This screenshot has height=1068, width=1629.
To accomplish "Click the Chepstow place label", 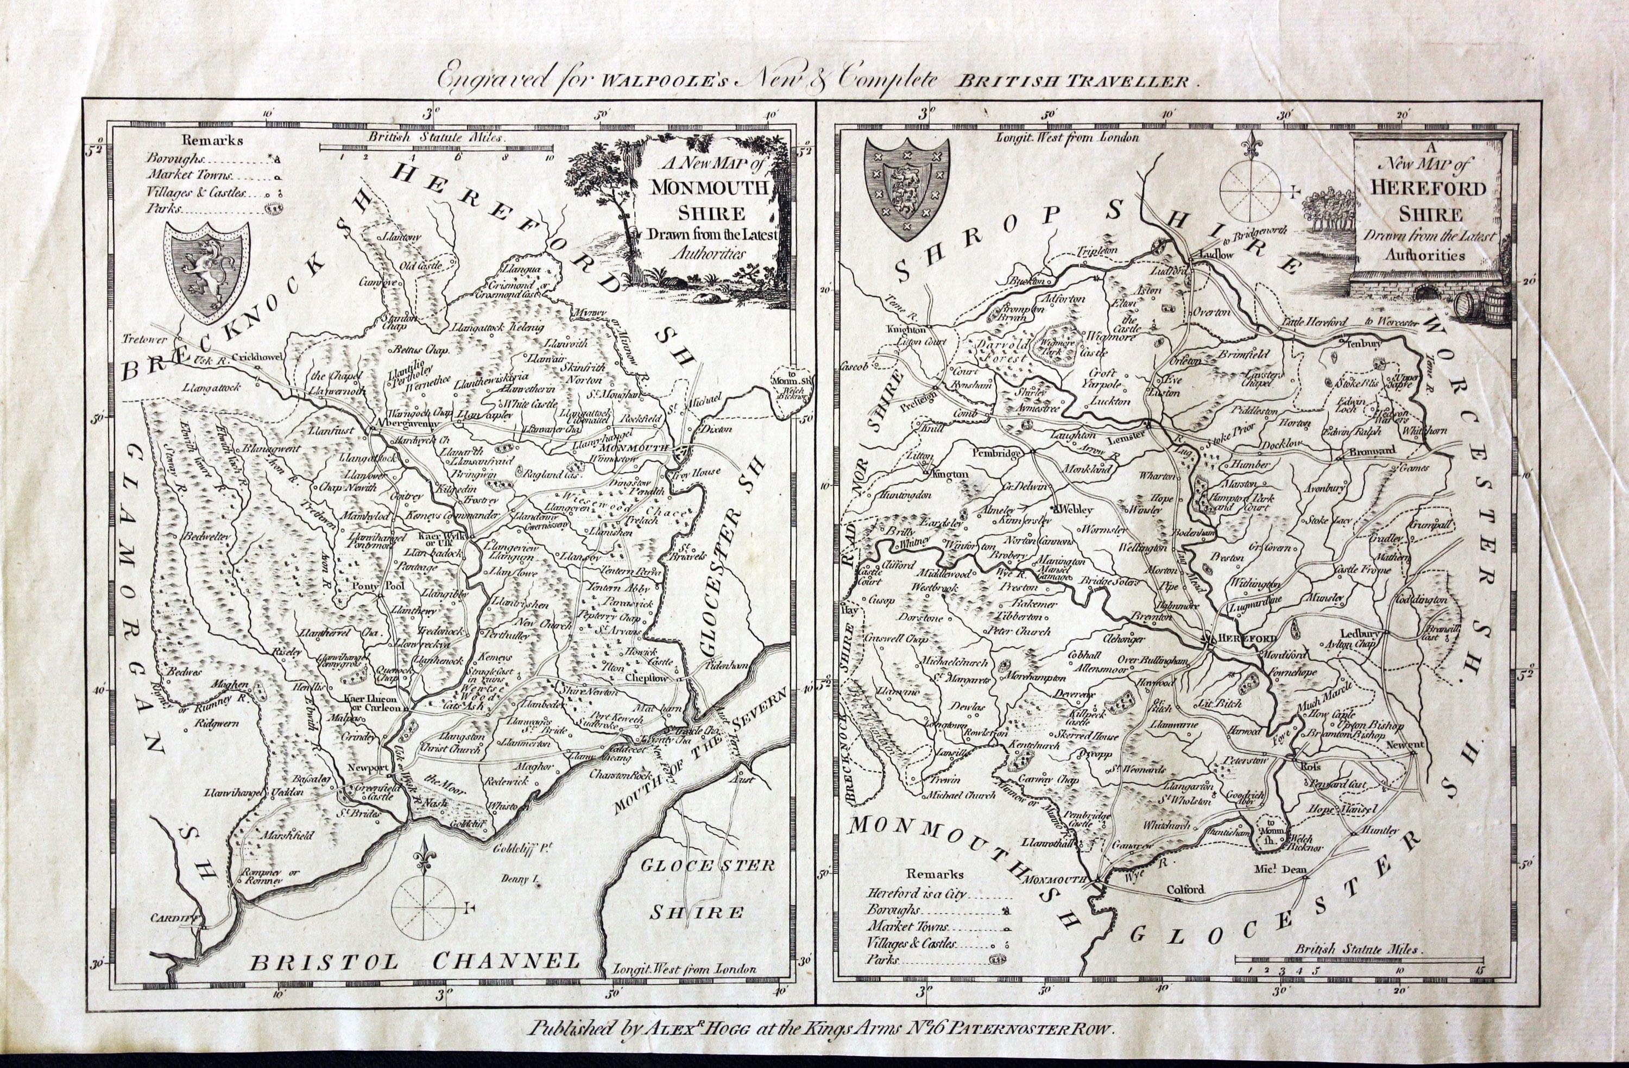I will (646, 678).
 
